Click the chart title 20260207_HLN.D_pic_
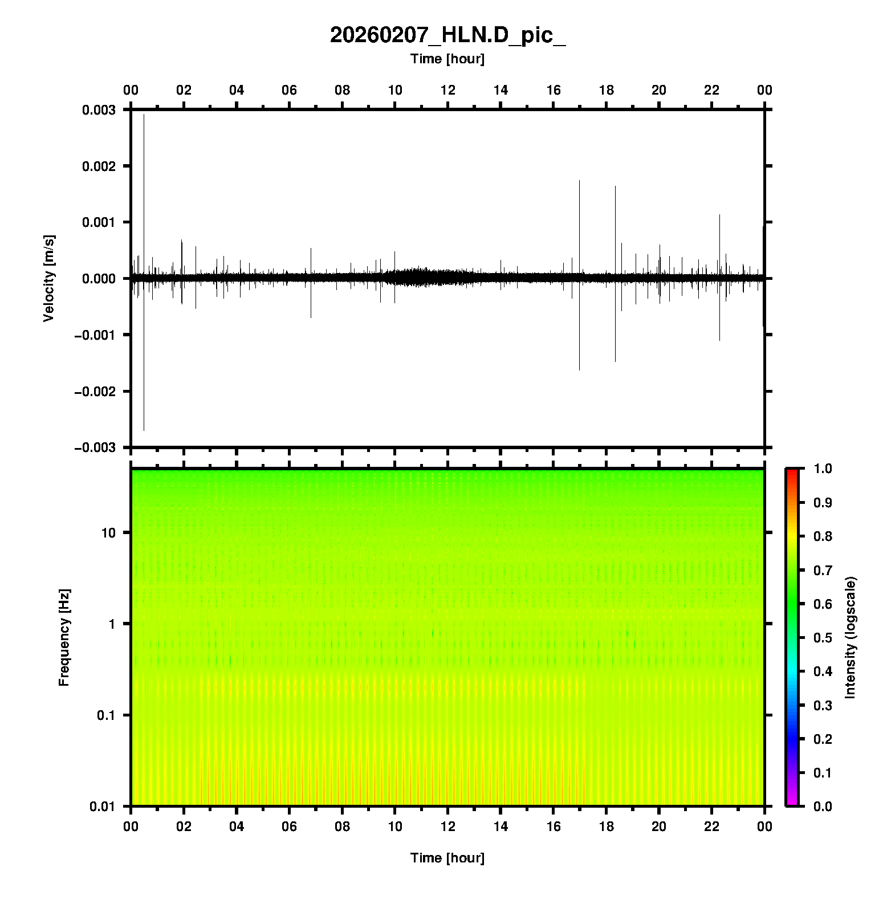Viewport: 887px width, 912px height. click(447, 35)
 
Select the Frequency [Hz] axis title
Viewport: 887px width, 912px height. click(64, 638)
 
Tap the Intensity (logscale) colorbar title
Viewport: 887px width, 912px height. click(851, 637)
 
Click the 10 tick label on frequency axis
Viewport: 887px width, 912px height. click(108, 533)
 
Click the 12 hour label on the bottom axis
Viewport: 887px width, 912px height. click(448, 826)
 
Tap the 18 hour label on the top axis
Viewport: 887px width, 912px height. click(607, 90)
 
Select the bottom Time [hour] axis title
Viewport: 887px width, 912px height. click(447, 858)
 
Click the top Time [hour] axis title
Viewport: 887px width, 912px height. click(447, 59)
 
